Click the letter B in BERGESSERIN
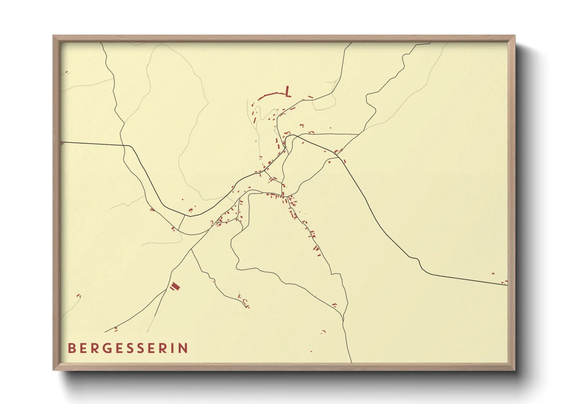coord(71,348)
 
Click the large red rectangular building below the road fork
coord(175,286)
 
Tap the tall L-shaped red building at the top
coord(287,91)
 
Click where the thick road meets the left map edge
coord(61,143)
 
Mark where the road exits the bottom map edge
coord(351,362)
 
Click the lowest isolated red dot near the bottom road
coord(312,351)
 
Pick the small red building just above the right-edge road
coord(493,273)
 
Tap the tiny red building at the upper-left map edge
coord(66,72)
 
